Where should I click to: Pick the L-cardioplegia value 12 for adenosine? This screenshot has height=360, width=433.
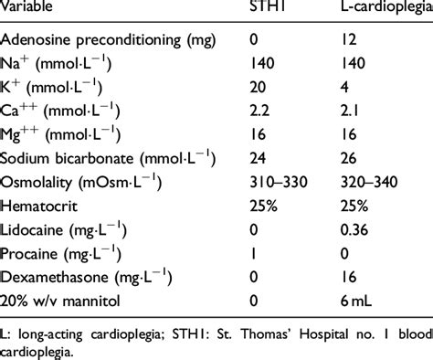tap(337, 42)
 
